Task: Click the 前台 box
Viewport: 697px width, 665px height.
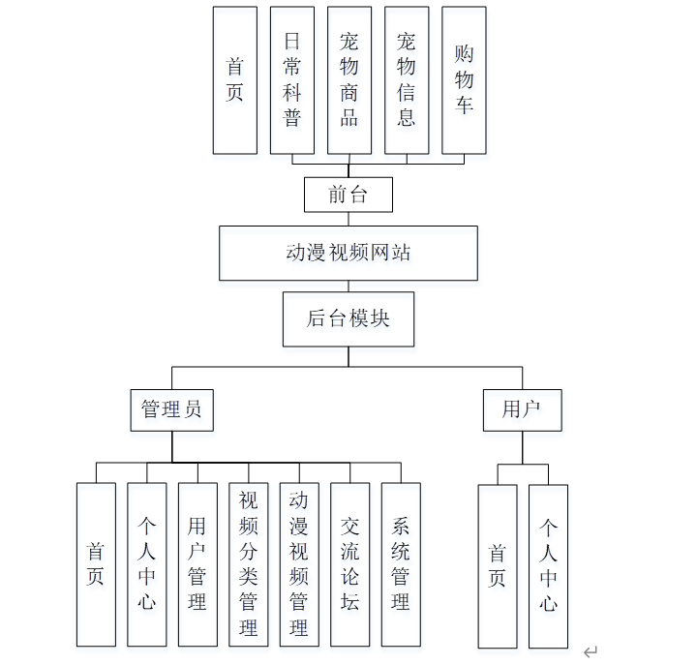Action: click(x=348, y=195)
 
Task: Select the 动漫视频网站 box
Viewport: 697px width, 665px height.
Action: click(x=348, y=253)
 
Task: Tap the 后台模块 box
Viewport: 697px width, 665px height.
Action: click(x=348, y=318)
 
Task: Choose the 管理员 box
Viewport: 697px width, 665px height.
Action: click(x=171, y=409)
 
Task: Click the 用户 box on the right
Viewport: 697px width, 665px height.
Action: click(x=522, y=409)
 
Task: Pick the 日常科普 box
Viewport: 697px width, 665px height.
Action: click(x=292, y=80)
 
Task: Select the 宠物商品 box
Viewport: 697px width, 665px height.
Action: click(x=349, y=80)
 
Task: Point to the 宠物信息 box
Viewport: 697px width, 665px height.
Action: click(x=407, y=80)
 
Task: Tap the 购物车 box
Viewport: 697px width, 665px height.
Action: click(x=464, y=80)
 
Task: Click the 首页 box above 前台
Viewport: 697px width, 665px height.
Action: click(x=235, y=80)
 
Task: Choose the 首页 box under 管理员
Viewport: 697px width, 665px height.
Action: click(x=96, y=564)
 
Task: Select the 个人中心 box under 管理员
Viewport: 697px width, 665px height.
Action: click(x=146, y=564)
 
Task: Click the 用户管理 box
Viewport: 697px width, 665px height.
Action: click(x=197, y=564)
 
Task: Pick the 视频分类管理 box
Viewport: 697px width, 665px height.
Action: click(x=248, y=564)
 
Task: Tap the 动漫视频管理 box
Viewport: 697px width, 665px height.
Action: click(x=299, y=564)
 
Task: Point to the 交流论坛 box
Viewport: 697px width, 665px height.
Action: click(x=349, y=564)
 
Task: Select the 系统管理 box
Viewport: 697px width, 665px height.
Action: click(x=401, y=564)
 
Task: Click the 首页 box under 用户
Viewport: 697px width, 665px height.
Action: click(x=498, y=565)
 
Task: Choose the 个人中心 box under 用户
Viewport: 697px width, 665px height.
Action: click(x=548, y=565)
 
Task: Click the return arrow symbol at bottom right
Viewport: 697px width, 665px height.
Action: click(x=591, y=651)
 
